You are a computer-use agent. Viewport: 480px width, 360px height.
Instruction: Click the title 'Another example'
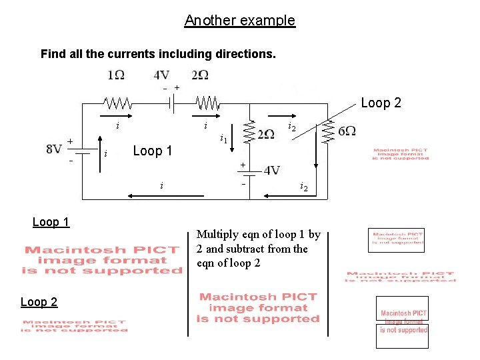pyautogui.click(x=239, y=21)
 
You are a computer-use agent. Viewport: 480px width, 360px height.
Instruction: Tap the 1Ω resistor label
pyautogui.click(x=115, y=75)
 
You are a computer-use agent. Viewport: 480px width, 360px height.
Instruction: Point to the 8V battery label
pyautogui.click(x=54, y=149)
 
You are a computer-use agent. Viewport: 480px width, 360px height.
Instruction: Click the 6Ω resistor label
pyautogui.click(x=347, y=131)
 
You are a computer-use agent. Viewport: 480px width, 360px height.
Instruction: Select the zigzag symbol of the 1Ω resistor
pyautogui.click(x=117, y=103)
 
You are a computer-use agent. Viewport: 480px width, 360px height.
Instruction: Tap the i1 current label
pyautogui.click(x=225, y=139)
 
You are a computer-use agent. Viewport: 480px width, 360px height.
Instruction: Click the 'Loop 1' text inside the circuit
pyautogui.click(x=152, y=151)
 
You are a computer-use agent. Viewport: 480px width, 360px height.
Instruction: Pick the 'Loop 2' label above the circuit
pyautogui.click(x=381, y=103)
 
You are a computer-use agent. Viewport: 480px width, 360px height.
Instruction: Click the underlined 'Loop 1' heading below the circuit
pyautogui.click(x=51, y=222)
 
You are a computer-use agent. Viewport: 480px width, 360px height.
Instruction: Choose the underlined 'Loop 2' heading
pyautogui.click(x=39, y=302)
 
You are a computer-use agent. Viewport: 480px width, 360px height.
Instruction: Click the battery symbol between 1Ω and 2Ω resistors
pyautogui.click(x=171, y=103)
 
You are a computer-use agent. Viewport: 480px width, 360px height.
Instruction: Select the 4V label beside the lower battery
pyautogui.click(x=272, y=171)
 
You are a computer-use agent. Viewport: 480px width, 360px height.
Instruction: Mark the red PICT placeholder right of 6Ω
pyautogui.click(x=401, y=154)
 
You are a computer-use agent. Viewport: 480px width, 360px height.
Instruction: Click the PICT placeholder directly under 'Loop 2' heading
pyautogui.click(x=73, y=325)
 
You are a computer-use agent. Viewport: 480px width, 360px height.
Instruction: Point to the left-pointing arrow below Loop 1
pyautogui.click(x=153, y=196)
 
